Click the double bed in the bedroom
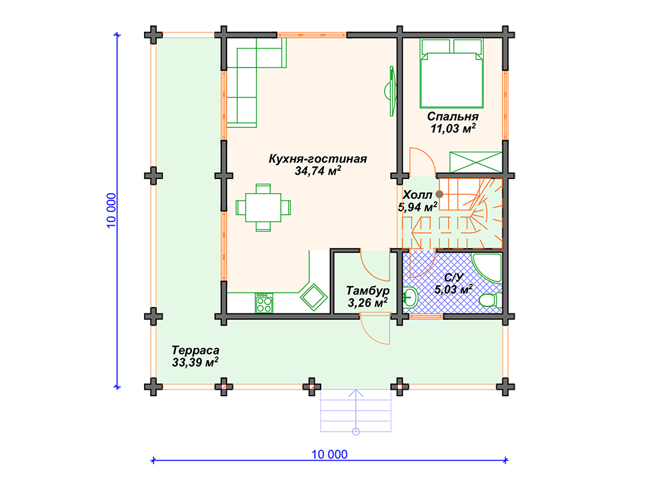tap(452, 74)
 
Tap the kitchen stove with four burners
tap(264, 303)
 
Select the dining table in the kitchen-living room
tap(263, 207)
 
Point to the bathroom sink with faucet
tap(410, 298)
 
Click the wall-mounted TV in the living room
tap(391, 91)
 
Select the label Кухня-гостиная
tap(317, 159)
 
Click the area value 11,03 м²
tap(452, 129)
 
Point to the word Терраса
tap(195, 350)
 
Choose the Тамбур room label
tap(368, 290)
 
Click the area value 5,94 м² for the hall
tap(417, 207)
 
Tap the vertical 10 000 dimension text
tap(111, 210)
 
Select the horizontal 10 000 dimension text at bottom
tap(329, 454)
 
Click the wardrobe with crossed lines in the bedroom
tap(476, 162)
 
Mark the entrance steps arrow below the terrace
tap(356, 412)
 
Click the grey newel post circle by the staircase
tap(439, 194)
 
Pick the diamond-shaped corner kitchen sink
tap(314, 298)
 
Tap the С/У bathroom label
tap(454, 278)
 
